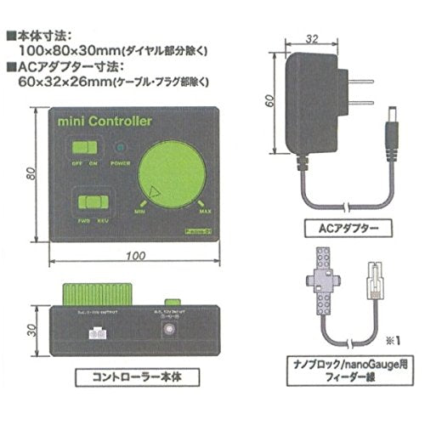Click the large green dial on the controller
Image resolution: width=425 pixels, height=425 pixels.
[x=174, y=176]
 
